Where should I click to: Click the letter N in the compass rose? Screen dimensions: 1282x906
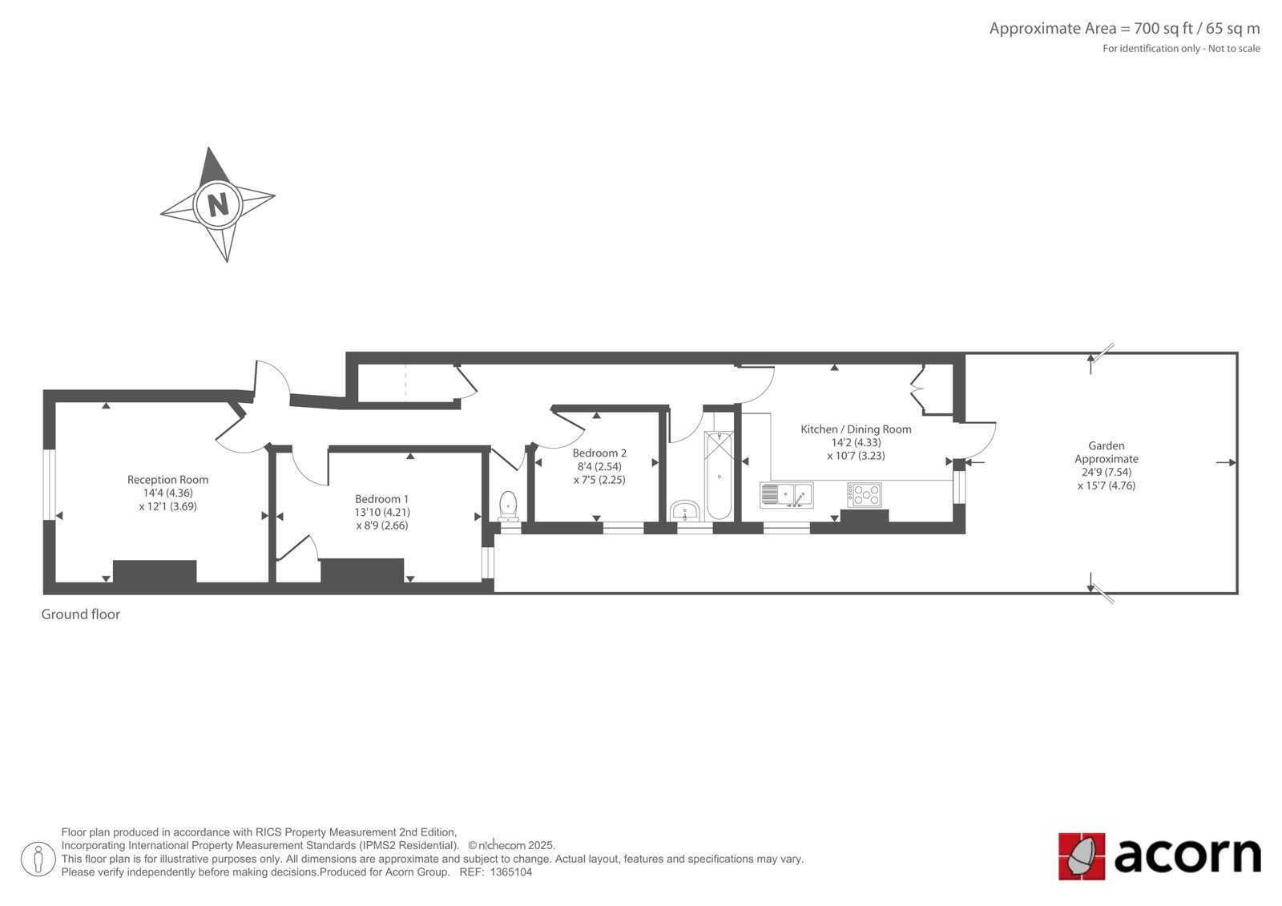click(218, 204)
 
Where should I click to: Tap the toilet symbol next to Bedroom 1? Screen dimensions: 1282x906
click(508, 506)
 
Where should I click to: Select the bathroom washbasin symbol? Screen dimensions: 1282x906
click(684, 511)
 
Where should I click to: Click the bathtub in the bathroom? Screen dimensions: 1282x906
click(719, 475)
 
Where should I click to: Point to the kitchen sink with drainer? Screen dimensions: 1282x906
click(786, 495)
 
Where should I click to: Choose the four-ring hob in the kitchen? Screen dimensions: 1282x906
click(865, 495)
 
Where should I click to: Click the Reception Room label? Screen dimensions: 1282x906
click(167, 480)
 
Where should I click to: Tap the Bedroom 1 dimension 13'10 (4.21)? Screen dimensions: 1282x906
click(381, 512)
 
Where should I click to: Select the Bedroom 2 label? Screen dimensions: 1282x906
click(599, 453)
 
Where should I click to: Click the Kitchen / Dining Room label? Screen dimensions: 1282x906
click(856, 429)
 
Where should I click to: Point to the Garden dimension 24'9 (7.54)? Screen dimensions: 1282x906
click(1107, 472)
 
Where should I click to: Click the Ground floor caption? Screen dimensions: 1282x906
click(81, 614)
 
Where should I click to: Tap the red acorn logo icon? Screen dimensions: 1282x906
click(1081, 856)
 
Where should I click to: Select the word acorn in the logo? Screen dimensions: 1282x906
click(1187, 856)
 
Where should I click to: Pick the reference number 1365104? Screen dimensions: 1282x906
click(511, 872)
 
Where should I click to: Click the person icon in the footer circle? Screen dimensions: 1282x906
click(38, 859)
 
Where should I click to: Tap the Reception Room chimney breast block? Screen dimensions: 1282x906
click(155, 571)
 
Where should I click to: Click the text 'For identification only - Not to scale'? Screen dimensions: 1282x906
click(1181, 49)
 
